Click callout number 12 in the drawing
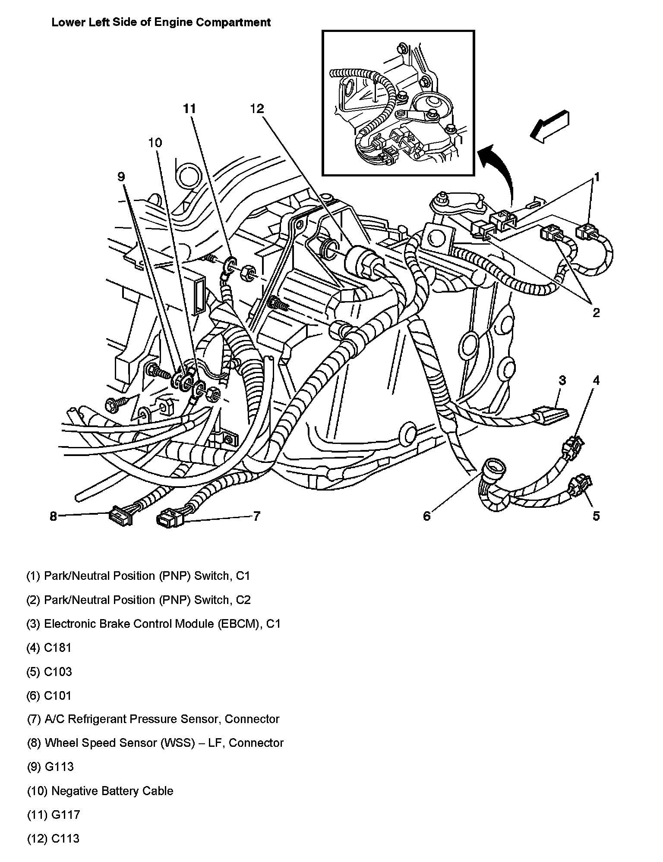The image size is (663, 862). pos(257,109)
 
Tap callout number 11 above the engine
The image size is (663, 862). pos(189,109)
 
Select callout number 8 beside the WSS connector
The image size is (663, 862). pos(53,516)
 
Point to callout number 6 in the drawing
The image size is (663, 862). pos(426,516)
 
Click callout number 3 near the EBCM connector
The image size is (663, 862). pos(562,380)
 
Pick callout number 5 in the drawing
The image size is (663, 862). pos(596,516)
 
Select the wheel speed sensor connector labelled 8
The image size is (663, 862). pos(121,516)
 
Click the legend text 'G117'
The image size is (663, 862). pos(66,815)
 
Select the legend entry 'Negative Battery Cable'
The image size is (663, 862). pos(112,791)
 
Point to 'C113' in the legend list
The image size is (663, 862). pos(66,839)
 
